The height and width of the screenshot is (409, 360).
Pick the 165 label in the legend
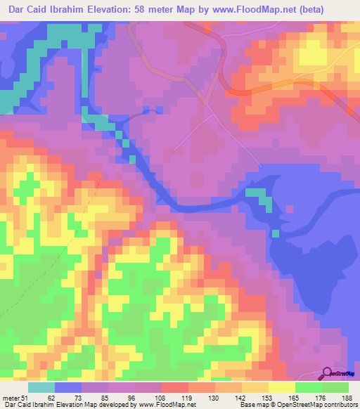pos(295,397)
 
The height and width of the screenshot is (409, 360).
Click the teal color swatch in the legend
pos(41,387)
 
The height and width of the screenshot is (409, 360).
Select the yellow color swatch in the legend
pos(282,387)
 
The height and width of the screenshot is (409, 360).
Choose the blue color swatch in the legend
pos(68,387)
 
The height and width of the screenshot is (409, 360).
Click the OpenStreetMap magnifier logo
pos(327,374)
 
